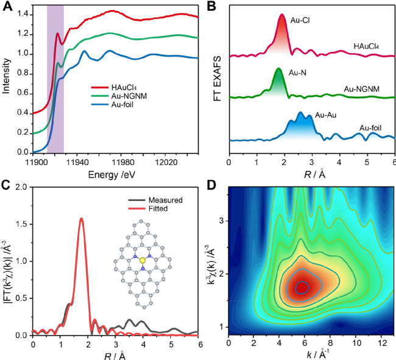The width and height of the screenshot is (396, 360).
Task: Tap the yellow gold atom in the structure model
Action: (143, 261)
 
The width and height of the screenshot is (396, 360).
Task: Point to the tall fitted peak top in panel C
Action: (82, 219)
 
